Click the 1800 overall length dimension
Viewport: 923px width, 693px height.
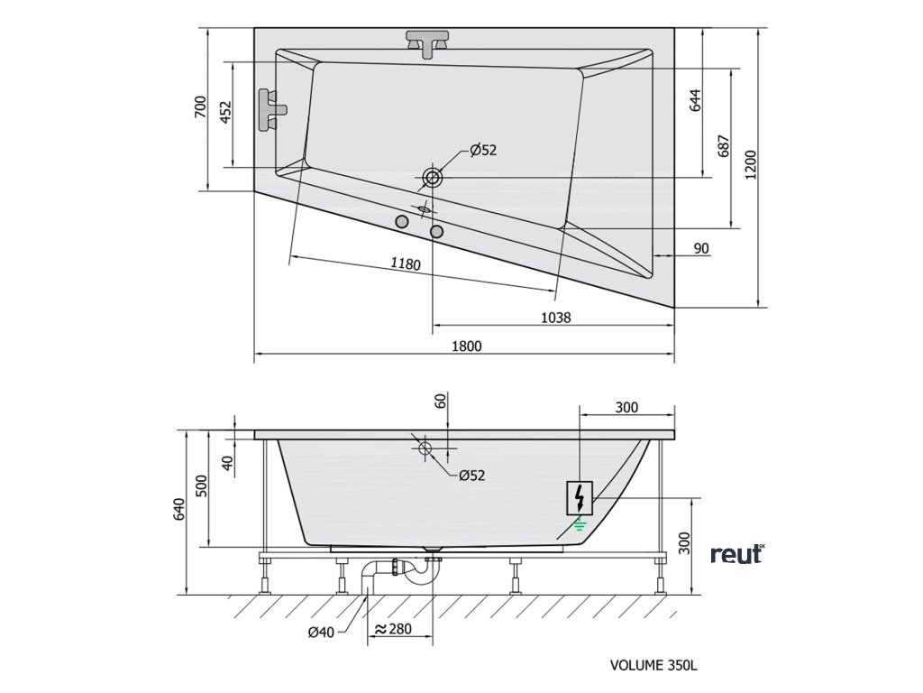(x=464, y=346)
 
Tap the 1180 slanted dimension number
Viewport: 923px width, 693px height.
(x=407, y=263)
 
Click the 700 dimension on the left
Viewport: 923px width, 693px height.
(x=201, y=107)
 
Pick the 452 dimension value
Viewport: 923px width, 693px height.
(x=227, y=112)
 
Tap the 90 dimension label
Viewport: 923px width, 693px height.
(x=702, y=249)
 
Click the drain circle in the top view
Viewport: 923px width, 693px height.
(x=434, y=176)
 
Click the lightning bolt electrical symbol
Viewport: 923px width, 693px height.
(x=579, y=497)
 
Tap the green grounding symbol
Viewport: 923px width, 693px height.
(x=579, y=522)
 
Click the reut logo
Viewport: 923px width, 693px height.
(x=737, y=554)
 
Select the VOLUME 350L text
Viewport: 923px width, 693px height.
(x=654, y=666)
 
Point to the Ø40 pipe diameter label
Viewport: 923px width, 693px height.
(x=322, y=633)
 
